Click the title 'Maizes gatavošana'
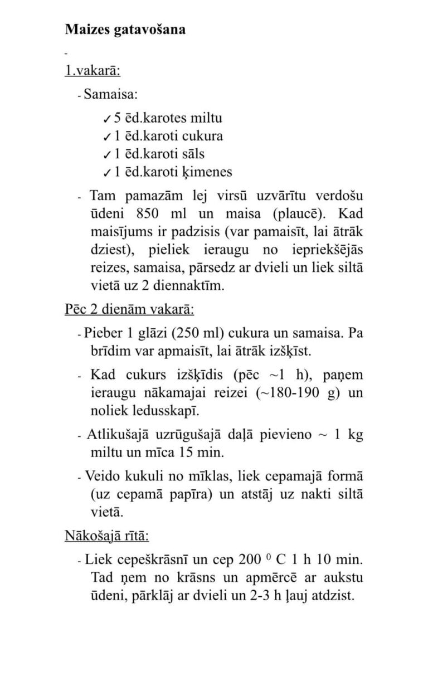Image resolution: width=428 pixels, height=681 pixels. (125, 30)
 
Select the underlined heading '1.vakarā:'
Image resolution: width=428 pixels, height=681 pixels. (93, 71)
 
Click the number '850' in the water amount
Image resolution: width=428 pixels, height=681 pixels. (149, 214)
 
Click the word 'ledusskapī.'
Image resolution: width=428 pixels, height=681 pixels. (163, 411)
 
